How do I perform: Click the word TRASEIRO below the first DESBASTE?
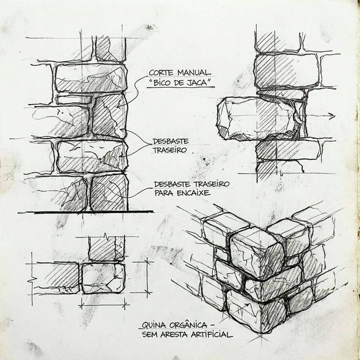click(x=170, y=151)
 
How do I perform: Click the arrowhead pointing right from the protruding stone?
click(x=332, y=117)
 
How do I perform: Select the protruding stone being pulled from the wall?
click(x=256, y=117)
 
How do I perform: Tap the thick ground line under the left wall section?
click(x=84, y=212)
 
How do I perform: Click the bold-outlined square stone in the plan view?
click(x=103, y=278)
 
